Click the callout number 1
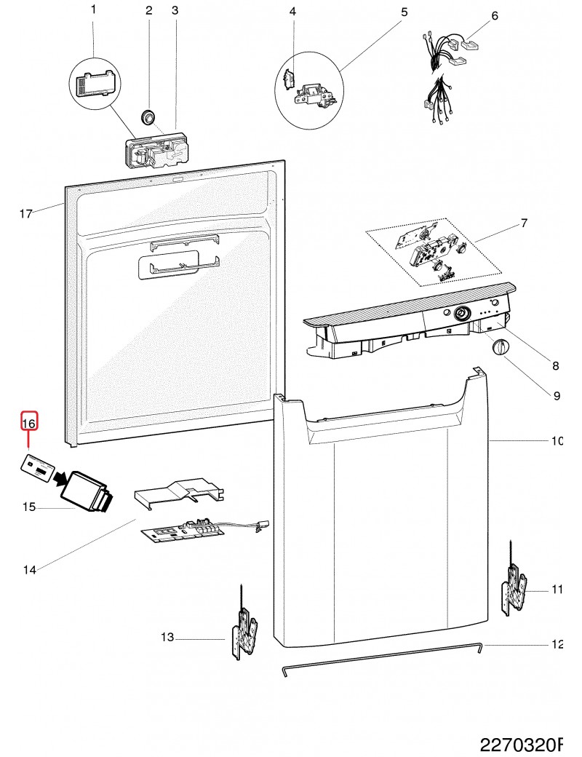click(x=92, y=10)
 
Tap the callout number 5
click(x=404, y=12)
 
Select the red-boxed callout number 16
click(x=28, y=422)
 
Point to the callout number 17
click(x=26, y=214)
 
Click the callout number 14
click(x=29, y=571)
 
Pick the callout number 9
click(x=557, y=396)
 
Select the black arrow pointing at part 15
click(x=72, y=477)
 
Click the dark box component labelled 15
click(x=86, y=494)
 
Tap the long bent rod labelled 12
click(x=378, y=658)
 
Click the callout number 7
click(x=523, y=223)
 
